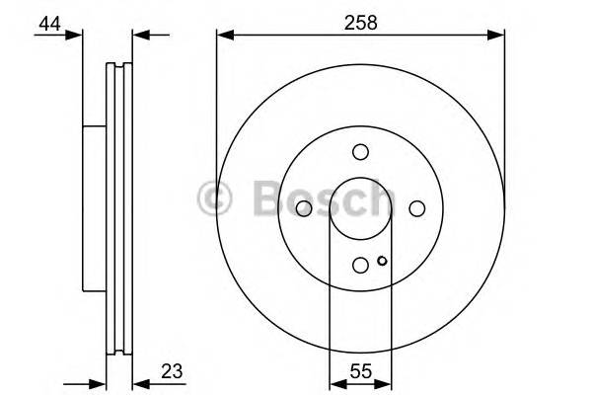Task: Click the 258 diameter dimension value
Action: (360, 20)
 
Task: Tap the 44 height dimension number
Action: (47, 23)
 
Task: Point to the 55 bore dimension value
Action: (360, 373)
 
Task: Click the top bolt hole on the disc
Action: (360, 151)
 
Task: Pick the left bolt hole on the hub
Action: (304, 207)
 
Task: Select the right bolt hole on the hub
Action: (416, 207)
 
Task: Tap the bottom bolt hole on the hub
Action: (360, 264)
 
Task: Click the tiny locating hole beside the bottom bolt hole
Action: (381, 262)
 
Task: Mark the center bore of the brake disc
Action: (360, 207)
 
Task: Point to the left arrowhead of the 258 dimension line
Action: (222, 37)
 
